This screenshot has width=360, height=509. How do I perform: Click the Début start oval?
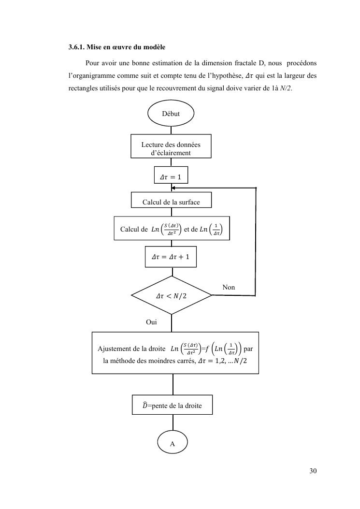pos(171,114)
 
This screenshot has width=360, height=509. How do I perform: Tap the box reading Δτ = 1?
pos(171,177)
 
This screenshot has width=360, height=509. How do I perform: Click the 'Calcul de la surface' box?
pos(171,202)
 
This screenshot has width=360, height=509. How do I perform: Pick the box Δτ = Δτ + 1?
pos(171,256)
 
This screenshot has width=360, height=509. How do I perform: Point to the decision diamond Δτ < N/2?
pos(171,296)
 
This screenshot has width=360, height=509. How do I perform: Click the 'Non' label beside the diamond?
pos(229,287)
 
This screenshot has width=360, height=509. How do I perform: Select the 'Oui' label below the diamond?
pos(151,321)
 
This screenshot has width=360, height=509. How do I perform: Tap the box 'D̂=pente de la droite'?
pos(172,406)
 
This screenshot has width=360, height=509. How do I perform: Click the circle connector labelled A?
pos(172,443)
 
